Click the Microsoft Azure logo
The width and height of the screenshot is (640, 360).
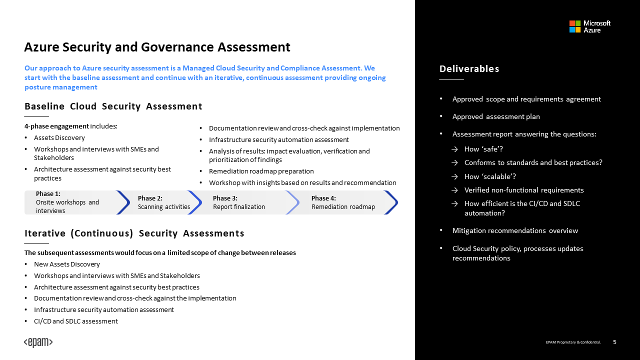590,26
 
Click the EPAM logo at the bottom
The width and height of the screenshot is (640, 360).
38,342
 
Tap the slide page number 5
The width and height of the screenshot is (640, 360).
614,342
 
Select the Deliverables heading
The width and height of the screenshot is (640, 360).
469,69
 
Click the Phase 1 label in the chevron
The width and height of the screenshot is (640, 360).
48,193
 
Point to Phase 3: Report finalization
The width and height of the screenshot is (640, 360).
239,202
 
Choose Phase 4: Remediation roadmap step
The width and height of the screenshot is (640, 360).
343,202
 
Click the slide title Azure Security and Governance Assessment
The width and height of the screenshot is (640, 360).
157,47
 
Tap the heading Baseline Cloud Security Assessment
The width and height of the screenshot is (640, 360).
113,106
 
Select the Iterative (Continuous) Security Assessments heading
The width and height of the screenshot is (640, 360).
134,233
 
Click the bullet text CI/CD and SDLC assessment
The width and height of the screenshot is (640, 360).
76,321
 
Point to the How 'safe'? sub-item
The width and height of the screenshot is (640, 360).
483,149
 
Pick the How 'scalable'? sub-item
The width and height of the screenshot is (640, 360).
490,176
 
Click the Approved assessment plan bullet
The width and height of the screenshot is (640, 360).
496,116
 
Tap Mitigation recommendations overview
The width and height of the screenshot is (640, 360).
515,230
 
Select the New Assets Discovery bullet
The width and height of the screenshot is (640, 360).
67,264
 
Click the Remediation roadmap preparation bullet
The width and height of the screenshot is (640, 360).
261,171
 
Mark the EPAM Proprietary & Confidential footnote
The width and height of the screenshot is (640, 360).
573,342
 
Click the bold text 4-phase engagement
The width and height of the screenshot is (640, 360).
56,126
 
